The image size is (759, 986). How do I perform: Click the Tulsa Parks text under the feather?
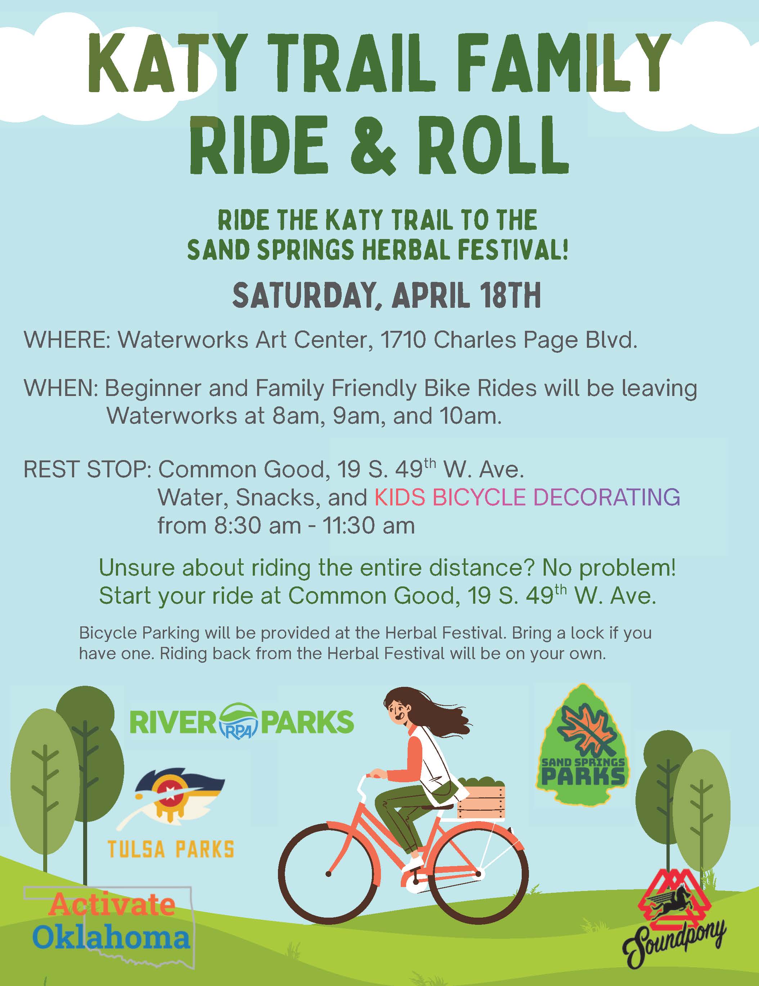[x=171, y=849]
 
